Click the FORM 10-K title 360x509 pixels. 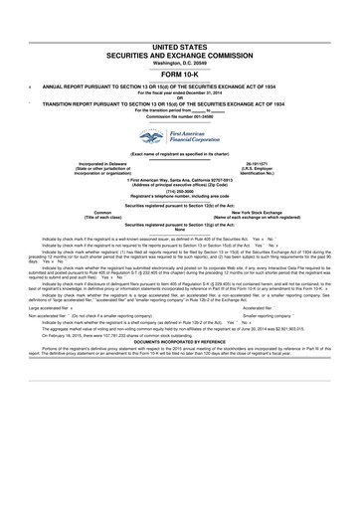pos(180,77)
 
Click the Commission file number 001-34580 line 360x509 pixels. pos(180,119)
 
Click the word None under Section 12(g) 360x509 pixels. pos(180,230)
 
